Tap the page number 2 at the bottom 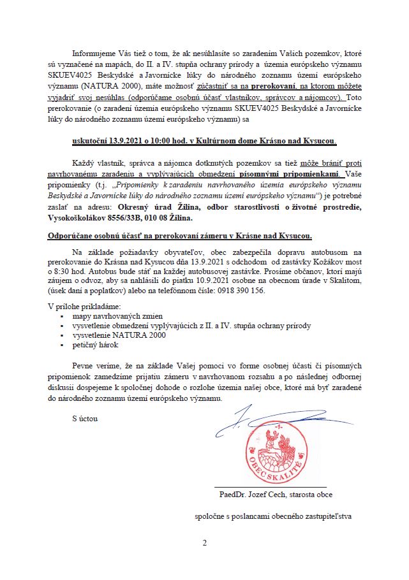205,543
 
